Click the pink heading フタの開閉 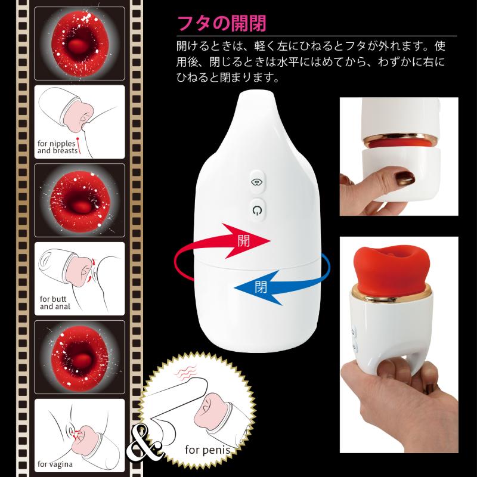point(221,23)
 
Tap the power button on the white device point(258,210)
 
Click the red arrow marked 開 point(222,249)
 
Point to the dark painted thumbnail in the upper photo point(402,178)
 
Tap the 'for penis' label point(207,450)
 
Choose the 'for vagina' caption point(55,464)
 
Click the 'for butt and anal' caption point(55,303)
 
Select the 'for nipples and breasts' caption point(57,147)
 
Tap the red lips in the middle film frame point(80,201)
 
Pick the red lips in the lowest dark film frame point(80,357)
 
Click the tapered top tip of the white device point(257,98)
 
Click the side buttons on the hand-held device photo point(354,339)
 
